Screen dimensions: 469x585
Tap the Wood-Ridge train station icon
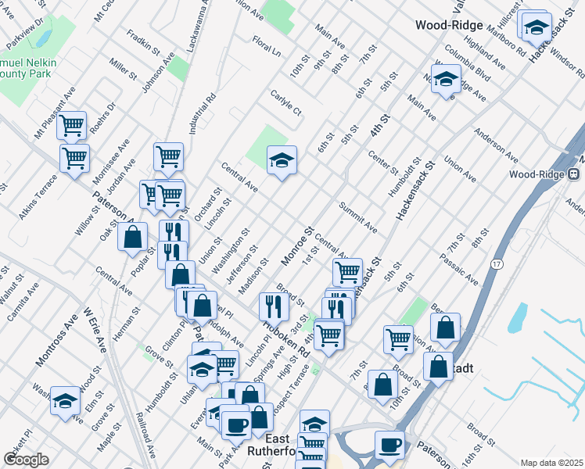pyautogui.click(x=573, y=174)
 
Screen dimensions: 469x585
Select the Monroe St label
pyautogui.click(x=297, y=245)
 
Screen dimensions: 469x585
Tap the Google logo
pyautogui.click(x=25, y=459)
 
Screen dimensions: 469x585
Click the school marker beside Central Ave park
pyautogui.click(x=282, y=160)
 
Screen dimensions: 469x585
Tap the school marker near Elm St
pyautogui.click(x=65, y=399)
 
